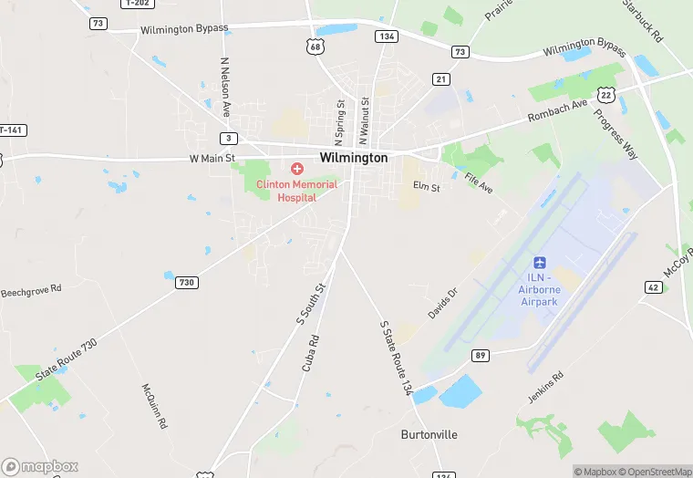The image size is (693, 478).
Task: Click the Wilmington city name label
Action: (x=354, y=158)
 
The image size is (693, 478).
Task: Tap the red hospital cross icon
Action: (x=296, y=169)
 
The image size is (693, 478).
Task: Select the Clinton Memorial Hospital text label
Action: (x=297, y=191)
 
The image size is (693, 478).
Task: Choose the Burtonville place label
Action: (x=429, y=434)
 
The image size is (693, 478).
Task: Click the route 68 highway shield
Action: (x=315, y=47)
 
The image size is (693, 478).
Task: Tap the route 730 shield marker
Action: (x=186, y=283)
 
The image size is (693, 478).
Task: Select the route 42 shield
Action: (x=653, y=286)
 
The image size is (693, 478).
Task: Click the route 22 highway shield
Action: (x=605, y=95)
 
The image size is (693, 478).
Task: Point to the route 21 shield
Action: (x=441, y=79)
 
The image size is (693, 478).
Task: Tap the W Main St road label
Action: (x=212, y=158)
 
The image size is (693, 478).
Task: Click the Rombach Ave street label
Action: (x=558, y=116)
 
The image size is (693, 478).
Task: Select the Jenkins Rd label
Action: (x=546, y=388)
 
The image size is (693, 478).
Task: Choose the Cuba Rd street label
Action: (x=310, y=354)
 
